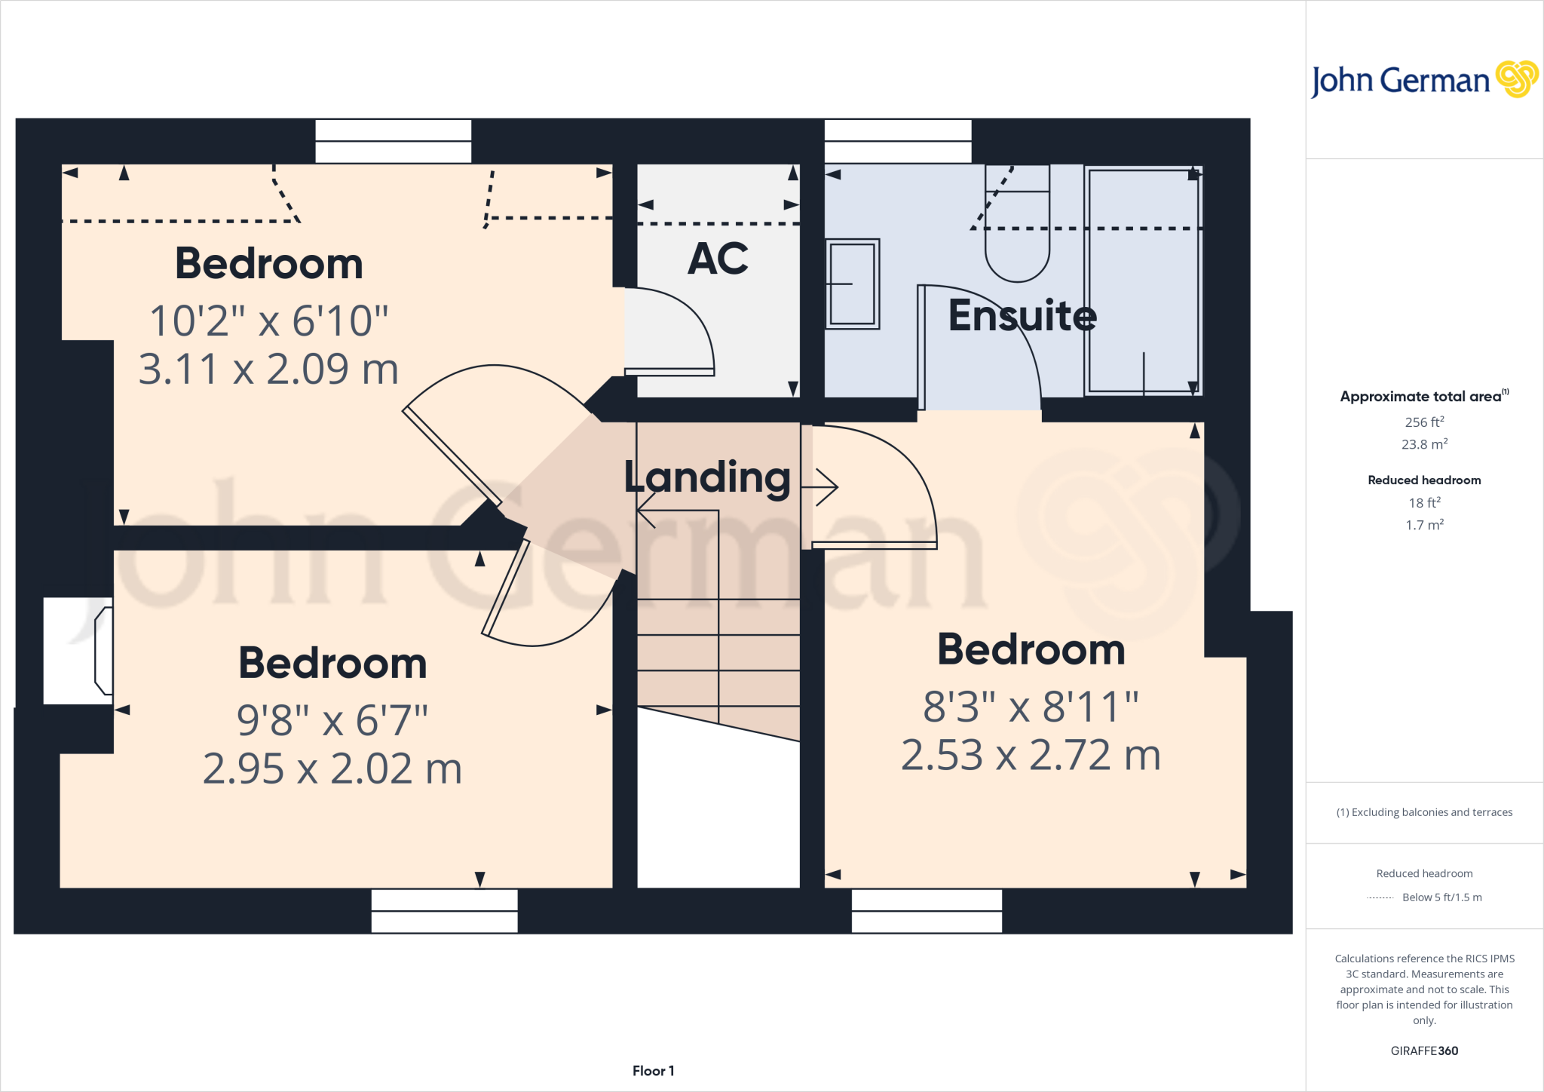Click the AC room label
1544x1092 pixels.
tap(718, 259)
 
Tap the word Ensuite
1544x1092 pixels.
tap(1022, 315)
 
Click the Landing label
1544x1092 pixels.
tap(706, 477)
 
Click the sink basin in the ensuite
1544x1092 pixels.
tap(853, 284)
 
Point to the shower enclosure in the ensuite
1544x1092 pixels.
tap(1143, 281)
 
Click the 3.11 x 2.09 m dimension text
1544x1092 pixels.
tap(268, 370)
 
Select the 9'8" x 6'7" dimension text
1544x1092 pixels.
tap(332, 720)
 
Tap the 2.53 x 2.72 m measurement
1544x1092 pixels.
tap(1031, 756)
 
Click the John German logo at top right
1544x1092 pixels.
tap(1423, 80)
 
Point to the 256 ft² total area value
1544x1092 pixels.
tap(1424, 422)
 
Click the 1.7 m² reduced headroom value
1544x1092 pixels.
tap(1424, 525)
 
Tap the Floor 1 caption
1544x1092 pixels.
tap(653, 1071)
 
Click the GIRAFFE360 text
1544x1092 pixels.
tap(1424, 1051)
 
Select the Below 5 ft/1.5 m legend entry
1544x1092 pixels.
tap(1441, 897)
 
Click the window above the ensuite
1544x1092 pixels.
tap(897, 141)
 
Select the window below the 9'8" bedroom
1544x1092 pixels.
tap(444, 911)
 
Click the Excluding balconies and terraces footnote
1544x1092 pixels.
tap(1424, 812)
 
